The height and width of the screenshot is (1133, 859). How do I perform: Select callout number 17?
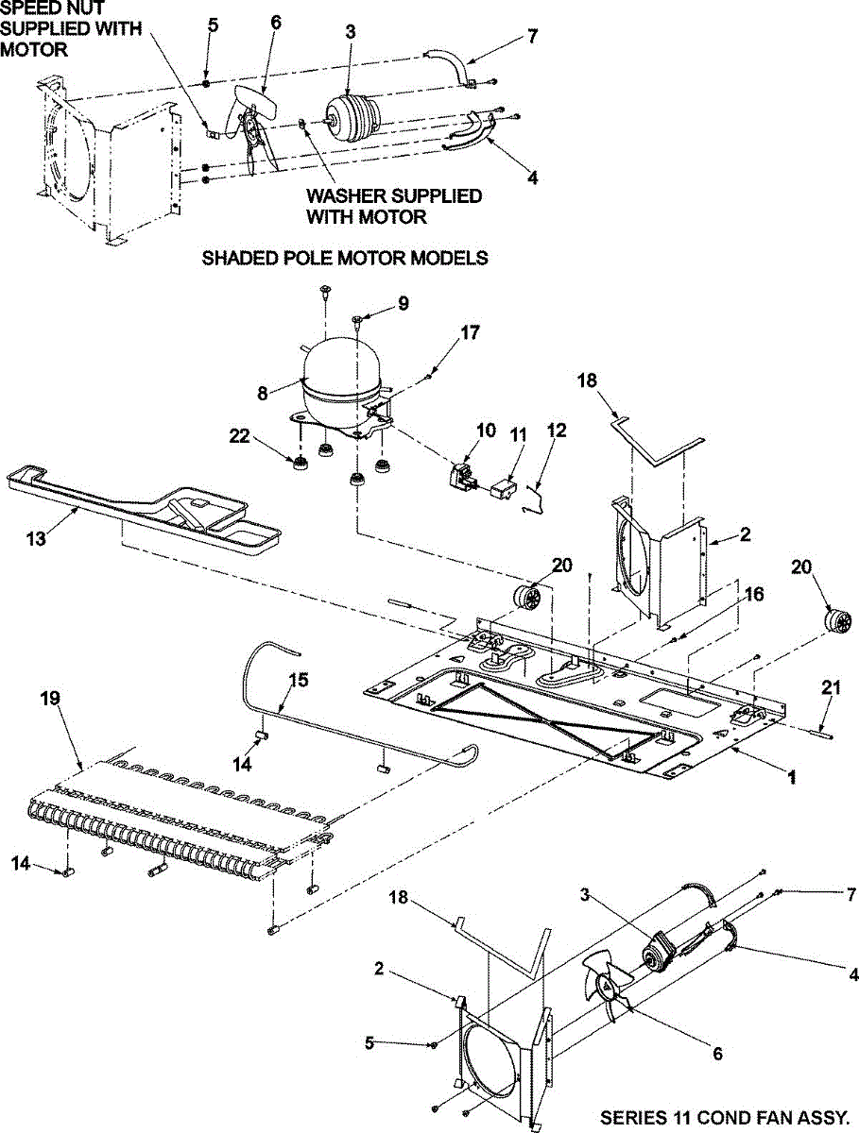(471, 333)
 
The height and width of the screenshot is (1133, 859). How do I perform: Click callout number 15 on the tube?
(298, 680)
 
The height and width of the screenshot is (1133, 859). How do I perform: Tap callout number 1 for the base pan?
(792, 779)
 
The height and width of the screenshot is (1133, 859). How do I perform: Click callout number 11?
(519, 433)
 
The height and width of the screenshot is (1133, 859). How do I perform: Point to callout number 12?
(557, 431)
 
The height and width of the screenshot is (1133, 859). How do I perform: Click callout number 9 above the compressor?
(404, 303)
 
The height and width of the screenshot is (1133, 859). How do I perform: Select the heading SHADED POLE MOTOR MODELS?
(345, 258)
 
